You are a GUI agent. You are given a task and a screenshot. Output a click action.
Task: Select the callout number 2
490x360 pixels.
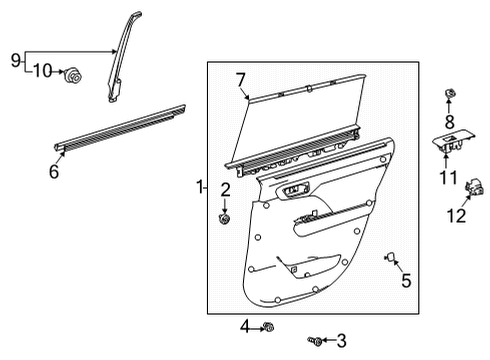pyautogui.click(x=226, y=189)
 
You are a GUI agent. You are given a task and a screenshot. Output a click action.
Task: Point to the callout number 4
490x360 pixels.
pyautogui.click(x=244, y=325)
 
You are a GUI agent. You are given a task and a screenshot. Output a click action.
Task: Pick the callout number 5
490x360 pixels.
pyautogui.click(x=405, y=281)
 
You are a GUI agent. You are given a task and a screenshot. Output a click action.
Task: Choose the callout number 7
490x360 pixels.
pyautogui.click(x=240, y=80)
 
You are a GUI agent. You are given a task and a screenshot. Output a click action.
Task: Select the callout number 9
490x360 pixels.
pyautogui.click(x=15, y=62)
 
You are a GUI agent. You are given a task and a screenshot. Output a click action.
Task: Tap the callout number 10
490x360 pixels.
pyautogui.click(x=41, y=70)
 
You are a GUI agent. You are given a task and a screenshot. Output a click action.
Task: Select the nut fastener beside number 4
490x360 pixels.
pyautogui.click(x=268, y=326)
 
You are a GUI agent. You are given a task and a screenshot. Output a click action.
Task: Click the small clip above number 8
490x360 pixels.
pyautogui.click(x=450, y=94)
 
